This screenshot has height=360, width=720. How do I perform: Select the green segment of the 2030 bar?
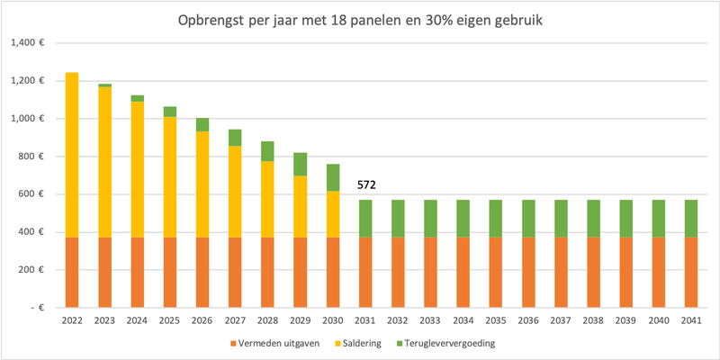tap(333, 177)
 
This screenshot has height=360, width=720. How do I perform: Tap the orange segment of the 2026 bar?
tap(202, 273)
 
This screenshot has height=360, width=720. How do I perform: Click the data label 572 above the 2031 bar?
tap(366, 184)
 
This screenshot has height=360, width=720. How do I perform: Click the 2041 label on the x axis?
tap(692, 320)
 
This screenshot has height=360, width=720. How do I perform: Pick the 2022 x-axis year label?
tap(72, 320)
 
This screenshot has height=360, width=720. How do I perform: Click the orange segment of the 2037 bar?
tap(562, 273)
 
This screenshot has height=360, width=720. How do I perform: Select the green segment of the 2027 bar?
tap(235, 137)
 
